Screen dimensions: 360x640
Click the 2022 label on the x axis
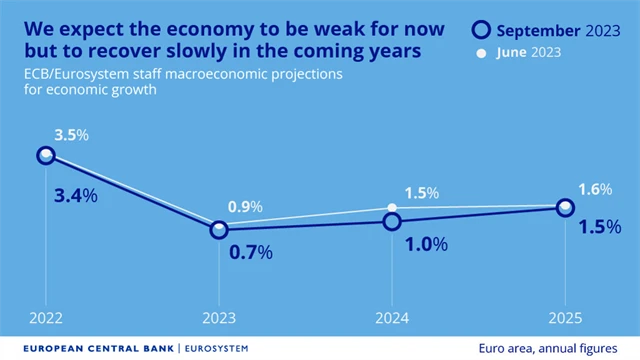[x=45, y=319]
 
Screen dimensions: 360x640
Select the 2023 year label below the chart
[x=218, y=319]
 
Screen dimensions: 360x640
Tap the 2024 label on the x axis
[x=392, y=319]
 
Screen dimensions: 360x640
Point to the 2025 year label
[x=565, y=319]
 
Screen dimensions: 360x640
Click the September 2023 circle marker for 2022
[x=45, y=155]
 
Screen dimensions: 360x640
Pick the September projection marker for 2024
[x=392, y=221]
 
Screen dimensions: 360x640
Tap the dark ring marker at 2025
[x=565, y=207]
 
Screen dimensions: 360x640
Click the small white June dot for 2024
[x=392, y=207]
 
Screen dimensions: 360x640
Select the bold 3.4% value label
[x=75, y=195]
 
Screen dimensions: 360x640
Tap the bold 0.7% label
[x=251, y=253]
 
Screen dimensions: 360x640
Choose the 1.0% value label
[x=425, y=244]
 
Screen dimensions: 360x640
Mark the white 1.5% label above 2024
[x=419, y=192]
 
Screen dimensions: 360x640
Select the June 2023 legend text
[x=528, y=52]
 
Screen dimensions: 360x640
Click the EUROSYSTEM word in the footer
[x=215, y=348]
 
